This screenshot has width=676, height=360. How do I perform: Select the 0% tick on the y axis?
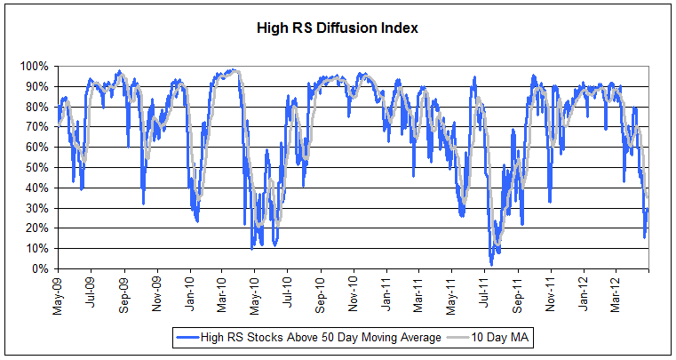coord(44,268)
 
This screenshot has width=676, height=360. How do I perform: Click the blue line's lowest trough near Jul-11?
coord(490,264)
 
